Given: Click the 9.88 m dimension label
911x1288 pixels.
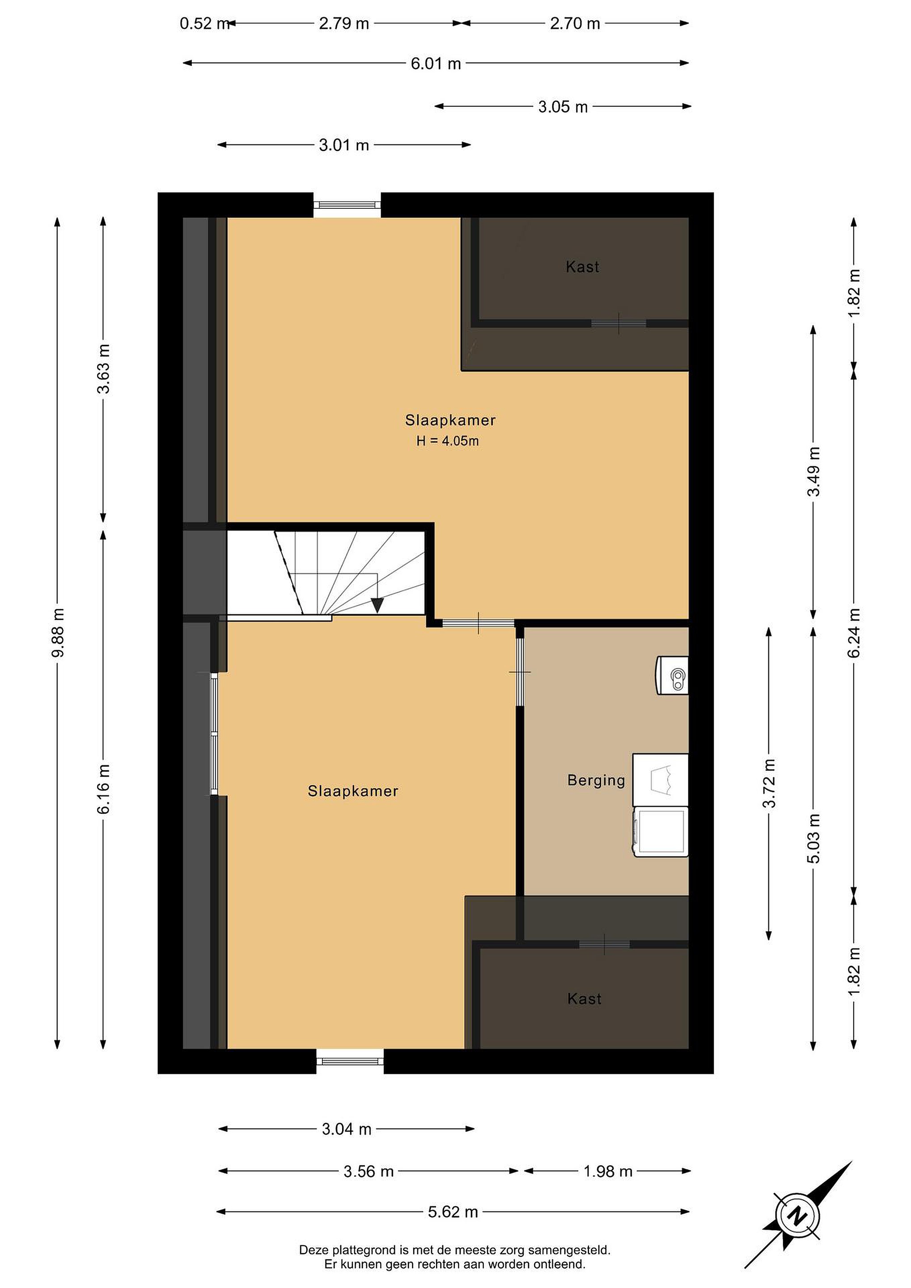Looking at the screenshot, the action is point(58,632).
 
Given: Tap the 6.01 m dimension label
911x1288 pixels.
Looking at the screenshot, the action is point(436,64).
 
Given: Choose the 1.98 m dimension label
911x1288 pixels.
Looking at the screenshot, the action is point(608,1171).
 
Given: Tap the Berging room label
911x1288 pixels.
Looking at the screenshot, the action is point(596,781).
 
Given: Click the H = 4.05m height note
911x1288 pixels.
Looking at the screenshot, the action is point(448,441).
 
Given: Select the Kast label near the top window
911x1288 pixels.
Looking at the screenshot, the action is point(582,267).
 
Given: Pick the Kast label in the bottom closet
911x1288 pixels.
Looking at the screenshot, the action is point(584,999).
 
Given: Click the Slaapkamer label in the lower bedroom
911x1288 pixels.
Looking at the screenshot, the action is point(353,792).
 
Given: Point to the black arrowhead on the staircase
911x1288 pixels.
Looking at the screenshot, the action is point(377,605).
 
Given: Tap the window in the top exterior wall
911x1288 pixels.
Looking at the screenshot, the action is point(347,205).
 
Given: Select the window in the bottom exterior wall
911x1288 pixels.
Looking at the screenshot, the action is point(350,1061).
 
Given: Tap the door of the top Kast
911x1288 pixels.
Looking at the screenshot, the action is point(619,323).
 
